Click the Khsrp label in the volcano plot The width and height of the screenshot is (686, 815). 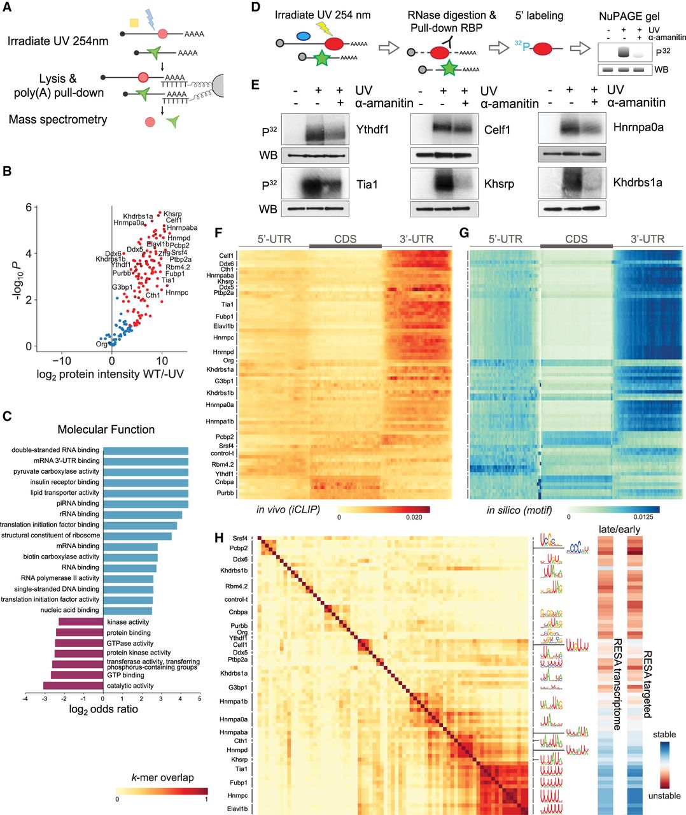coord(172,214)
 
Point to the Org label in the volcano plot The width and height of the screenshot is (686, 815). coord(101,344)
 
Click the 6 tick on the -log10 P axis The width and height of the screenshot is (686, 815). coord(28,208)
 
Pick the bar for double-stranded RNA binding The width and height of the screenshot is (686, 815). coord(146,451)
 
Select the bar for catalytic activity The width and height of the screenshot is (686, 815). coord(73,686)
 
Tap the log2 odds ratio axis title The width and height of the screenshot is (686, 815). coord(103,709)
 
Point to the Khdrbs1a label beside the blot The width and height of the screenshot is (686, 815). coord(638,182)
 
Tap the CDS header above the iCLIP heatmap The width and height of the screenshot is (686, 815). coord(344,239)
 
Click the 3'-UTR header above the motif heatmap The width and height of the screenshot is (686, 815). coord(647,239)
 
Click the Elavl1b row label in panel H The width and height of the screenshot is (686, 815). coord(234,809)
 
